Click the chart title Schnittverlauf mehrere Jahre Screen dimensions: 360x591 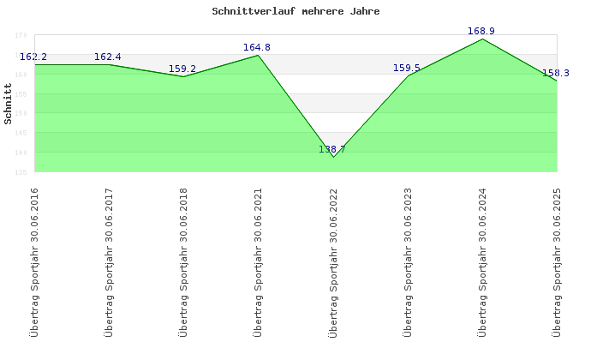coord(295,12)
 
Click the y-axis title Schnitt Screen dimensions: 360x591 coord(8,104)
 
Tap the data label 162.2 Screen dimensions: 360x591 coord(33,57)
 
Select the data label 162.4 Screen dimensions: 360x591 coord(108,57)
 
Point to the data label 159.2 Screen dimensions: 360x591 coord(182,69)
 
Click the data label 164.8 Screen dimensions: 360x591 coord(257,48)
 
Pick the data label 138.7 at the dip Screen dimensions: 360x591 coord(332,149)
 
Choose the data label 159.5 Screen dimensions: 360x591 coord(407,68)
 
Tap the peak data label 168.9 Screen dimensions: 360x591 coord(481,32)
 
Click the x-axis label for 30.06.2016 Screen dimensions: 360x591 coord(34,261)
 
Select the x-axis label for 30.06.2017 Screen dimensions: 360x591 coord(109,261)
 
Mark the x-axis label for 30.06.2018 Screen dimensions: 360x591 coord(183,261)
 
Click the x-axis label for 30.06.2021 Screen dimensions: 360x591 coord(258,261)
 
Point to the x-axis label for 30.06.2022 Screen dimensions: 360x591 coord(333,261)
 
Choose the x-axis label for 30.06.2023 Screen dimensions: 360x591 coord(408,261)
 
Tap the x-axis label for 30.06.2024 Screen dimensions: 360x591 coord(482,261)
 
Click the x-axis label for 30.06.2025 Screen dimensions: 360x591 coord(557,261)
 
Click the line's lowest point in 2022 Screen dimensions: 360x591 coord(333,157)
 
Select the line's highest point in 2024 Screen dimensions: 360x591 coord(482,39)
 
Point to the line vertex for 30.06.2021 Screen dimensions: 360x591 coord(259,55)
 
